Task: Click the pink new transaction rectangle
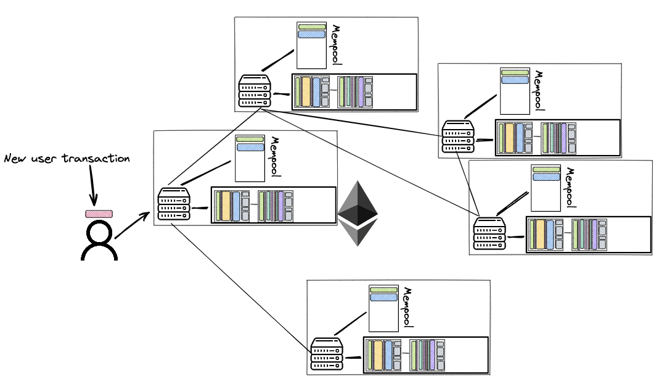pos(99,214)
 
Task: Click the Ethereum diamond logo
pos(358,214)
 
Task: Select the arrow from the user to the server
pos(132,226)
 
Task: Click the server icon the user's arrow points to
pos(174,204)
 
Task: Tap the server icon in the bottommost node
pos(327,354)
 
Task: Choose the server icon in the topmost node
pos(255,91)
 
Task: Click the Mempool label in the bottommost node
pos(407,307)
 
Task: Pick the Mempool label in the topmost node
pos(336,44)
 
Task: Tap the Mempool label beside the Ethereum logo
pos(275,157)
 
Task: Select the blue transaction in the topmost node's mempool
pos(311,35)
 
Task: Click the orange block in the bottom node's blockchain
pos(379,354)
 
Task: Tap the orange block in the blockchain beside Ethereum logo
pos(226,205)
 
